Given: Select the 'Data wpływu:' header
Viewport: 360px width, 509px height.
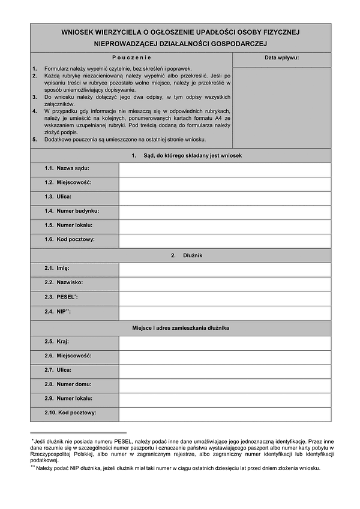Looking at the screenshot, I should (x=281, y=58).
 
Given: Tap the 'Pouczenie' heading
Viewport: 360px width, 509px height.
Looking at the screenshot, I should (x=131, y=58).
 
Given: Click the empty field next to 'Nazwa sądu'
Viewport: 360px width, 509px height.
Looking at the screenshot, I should (x=225, y=170).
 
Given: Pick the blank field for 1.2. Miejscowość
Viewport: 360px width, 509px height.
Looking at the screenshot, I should (x=225, y=183).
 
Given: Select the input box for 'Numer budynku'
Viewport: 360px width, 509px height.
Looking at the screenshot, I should (x=225, y=211).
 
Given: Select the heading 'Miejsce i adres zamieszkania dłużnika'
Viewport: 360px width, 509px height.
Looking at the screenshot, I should (x=181, y=328).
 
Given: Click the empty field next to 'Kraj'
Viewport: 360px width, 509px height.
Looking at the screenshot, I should (x=225, y=342).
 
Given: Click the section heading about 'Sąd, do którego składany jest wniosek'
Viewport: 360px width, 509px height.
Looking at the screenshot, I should (x=187, y=155).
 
